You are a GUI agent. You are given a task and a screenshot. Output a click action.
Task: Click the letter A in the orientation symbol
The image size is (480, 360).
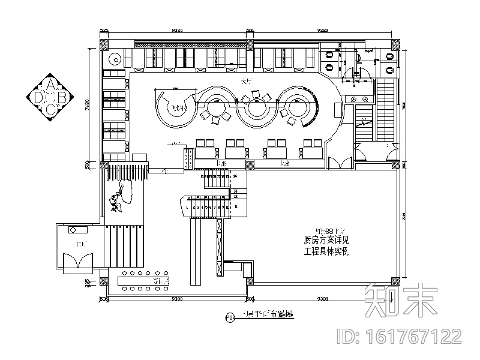(x=51, y=84)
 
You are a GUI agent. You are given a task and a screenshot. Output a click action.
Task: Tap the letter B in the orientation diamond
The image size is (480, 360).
(x=62, y=96)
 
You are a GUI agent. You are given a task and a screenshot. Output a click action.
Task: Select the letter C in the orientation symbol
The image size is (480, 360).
(x=51, y=108)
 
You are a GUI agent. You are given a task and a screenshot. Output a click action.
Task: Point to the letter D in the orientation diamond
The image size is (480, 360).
(x=39, y=96)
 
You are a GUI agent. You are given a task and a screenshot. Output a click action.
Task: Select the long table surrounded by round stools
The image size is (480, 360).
(x=144, y=281)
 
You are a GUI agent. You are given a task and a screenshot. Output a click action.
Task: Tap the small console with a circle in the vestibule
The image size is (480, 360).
(x=74, y=230)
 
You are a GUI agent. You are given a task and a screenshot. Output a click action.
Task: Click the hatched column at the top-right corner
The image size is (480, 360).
(x=395, y=44)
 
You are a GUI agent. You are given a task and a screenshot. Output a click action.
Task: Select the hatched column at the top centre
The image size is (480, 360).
(x=250, y=44)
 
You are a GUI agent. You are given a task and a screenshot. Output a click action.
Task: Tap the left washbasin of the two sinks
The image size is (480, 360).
(x=355, y=98)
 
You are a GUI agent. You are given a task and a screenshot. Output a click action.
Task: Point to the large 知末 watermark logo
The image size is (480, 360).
(x=401, y=300)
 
